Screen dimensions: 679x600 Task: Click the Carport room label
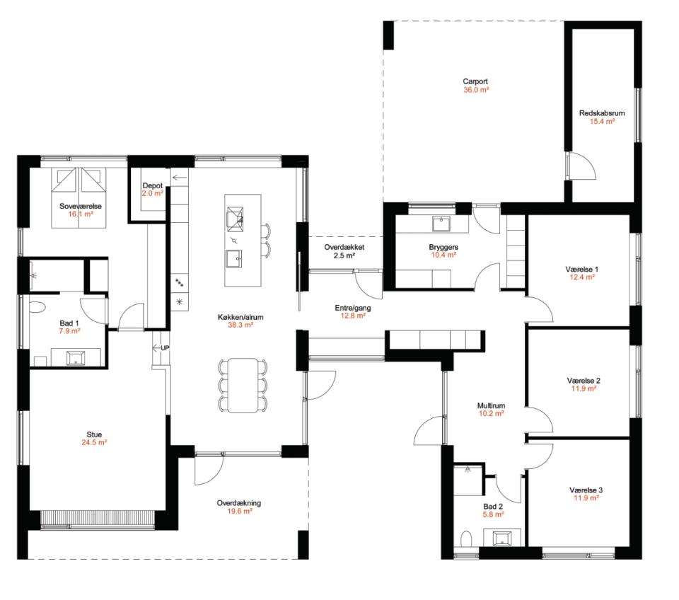(x=475, y=81)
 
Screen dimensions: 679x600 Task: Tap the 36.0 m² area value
(x=476, y=90)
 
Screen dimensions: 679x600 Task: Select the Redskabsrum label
(x=602, y=113)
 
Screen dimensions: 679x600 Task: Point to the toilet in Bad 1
(x=37, y=307)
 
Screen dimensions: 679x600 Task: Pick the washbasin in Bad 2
(x=502, y=538)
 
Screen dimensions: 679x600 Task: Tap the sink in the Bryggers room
(x=441, y=224)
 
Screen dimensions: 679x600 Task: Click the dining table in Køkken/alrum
(x=243, y=385)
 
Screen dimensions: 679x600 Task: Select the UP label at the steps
(x=165, y=348)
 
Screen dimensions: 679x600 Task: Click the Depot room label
(x=153, y=186)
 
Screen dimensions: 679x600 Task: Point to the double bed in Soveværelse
(x=79, y=197)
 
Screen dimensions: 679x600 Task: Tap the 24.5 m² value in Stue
(x=94, y=443)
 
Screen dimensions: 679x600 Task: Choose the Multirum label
(x=491, y=406)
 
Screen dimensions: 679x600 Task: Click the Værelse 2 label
(x=584, y=381)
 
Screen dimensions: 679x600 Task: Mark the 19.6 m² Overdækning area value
(x=240, y=511)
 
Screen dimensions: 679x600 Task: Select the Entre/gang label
(x=353, y=308)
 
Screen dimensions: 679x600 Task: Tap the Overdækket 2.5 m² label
(x=344, y=251)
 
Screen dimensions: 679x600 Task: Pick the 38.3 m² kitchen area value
(x=240, y=325)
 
